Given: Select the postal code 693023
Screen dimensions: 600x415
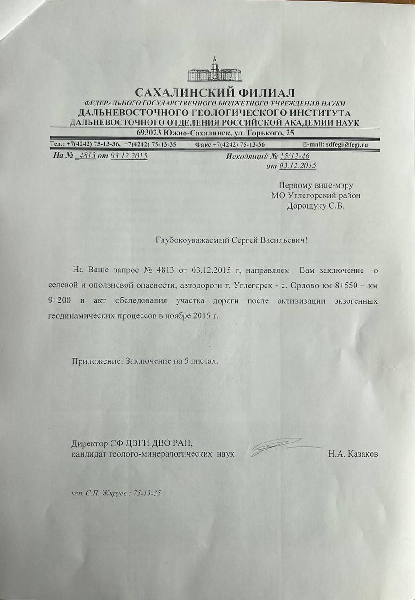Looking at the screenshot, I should tap(150, 133).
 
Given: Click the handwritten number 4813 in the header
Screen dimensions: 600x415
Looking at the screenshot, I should tap(88, 156).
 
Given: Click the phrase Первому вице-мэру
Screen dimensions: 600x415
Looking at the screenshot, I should tap(315, 185).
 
